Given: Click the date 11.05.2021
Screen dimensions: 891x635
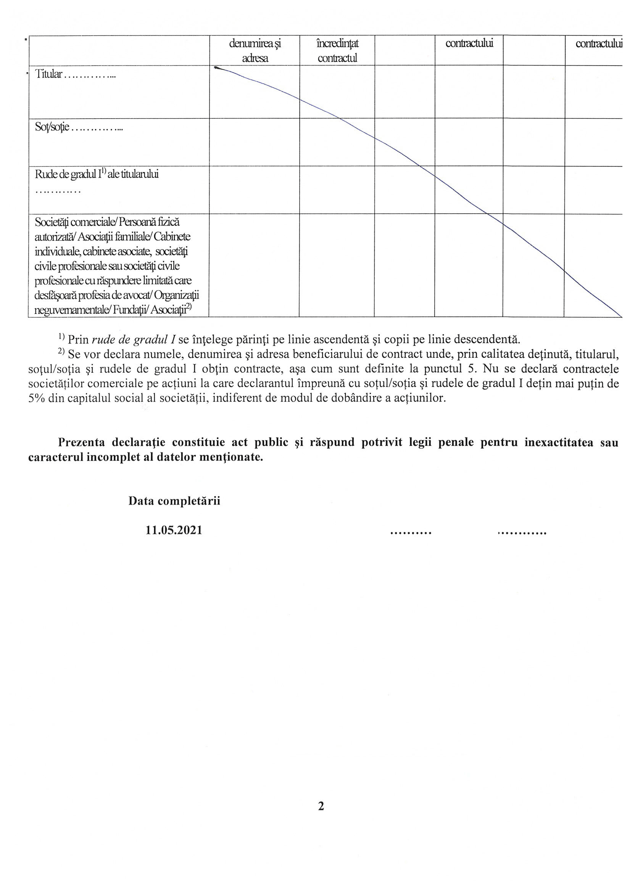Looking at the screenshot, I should (174, 530).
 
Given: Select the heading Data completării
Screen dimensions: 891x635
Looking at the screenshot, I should (174, 501).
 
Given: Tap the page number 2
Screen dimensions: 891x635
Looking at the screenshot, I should (321, 806).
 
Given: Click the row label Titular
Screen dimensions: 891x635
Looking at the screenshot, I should (48, 74).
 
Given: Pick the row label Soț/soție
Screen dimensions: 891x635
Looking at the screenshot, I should (52, 127).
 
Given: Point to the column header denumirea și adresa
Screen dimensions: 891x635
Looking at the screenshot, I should (255, 51).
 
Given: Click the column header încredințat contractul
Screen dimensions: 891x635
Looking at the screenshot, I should (337, 51).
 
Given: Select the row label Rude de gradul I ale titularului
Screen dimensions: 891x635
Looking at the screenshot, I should (97, 174).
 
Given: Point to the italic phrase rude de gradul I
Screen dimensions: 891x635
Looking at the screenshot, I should (134, 339).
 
